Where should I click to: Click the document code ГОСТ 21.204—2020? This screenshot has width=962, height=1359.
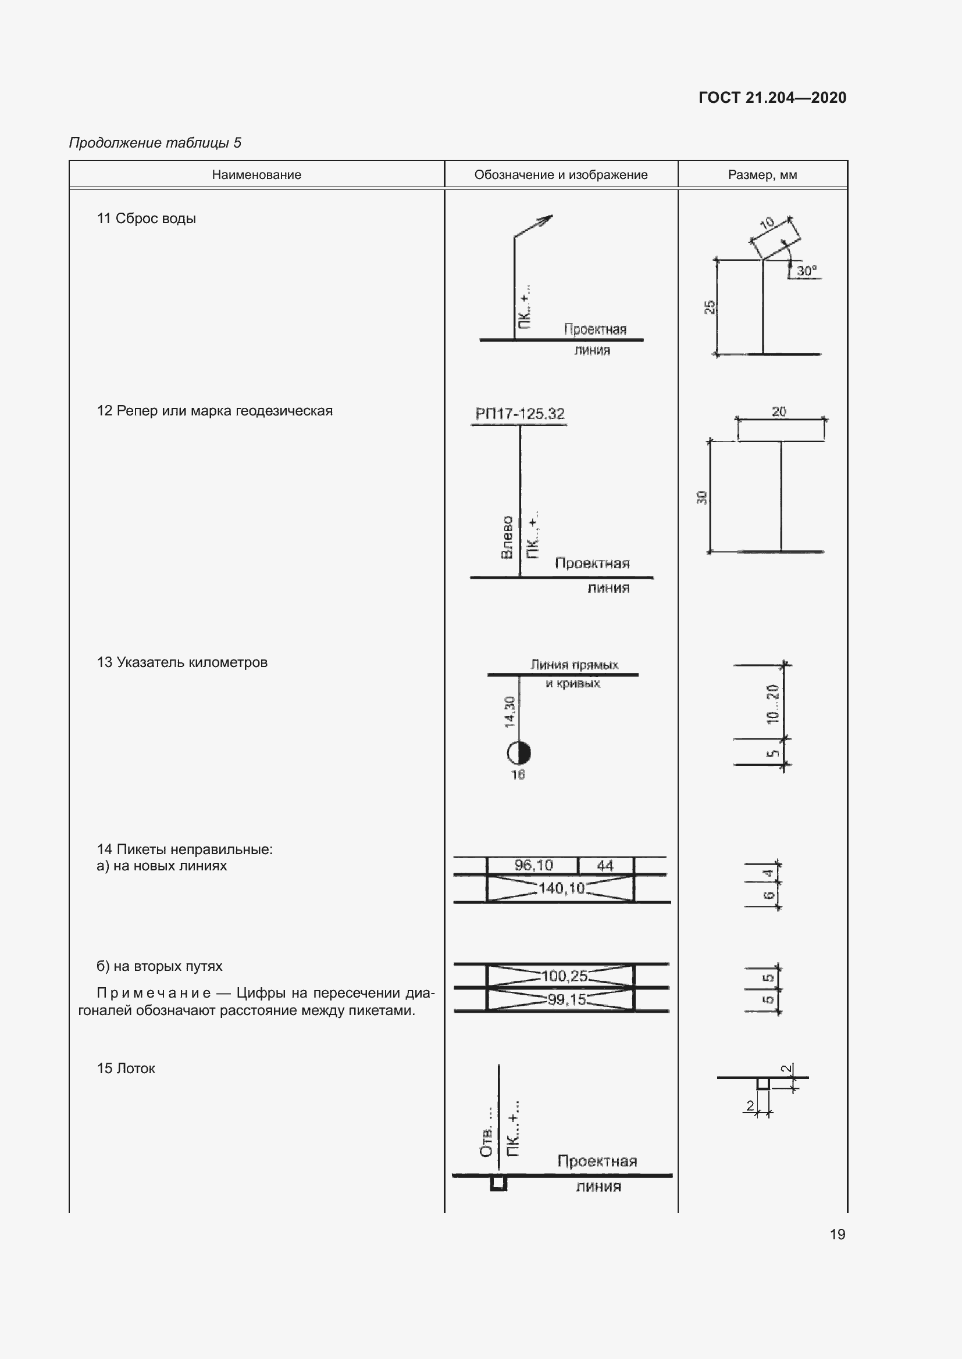(772, 98)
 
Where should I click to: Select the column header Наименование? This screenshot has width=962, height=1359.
(256, 175)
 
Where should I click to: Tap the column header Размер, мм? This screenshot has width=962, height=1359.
(763, 175)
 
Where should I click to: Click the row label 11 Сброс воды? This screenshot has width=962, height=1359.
(147, 218)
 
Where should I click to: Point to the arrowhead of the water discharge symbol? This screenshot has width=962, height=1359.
(546, 220)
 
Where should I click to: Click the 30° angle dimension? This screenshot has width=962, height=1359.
(806, 271)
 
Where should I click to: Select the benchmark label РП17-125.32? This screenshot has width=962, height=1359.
(519, 414)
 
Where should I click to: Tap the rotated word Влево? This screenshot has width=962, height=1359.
(507, 537)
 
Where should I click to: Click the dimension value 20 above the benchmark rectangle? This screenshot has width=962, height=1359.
(779, 411)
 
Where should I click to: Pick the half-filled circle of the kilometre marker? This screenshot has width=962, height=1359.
(519, 753)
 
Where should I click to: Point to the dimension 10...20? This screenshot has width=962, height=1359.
(772, 704)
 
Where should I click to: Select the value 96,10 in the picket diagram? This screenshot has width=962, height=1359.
(533, 865)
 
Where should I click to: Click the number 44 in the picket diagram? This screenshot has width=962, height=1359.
(605, 865)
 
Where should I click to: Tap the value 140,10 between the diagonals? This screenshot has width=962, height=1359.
(561, 888)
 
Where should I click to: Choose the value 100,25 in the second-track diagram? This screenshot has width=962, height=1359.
(564, 976)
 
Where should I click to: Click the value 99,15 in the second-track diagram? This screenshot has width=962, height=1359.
(566, 1000)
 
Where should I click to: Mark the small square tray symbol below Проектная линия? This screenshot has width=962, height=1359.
(499, 1183)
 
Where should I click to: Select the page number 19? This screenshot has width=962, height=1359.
(837, 1234)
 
